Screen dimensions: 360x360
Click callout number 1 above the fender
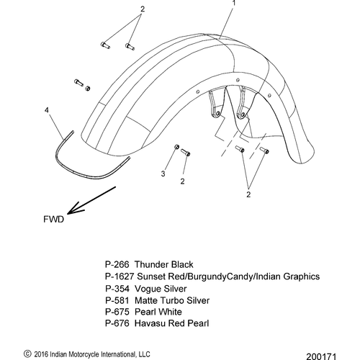(234, 3)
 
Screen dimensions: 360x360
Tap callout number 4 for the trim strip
(47, 110)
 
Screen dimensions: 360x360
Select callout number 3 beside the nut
(163, 174)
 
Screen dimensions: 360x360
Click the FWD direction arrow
(91, 200)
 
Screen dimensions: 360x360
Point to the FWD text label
(54, 220)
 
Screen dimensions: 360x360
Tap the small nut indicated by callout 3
(176, 147)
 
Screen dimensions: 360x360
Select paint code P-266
(117, 264)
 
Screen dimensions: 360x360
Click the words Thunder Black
(163, 264)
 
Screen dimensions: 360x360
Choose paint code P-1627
(120, 276)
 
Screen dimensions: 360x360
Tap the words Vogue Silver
(161, 289)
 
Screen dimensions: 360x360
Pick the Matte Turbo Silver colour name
(172, 300)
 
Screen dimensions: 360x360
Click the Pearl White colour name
(158, 312)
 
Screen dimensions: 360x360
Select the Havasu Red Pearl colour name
(171, 323)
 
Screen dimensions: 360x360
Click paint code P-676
(117, 323)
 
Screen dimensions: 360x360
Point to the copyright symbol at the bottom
(27, 354)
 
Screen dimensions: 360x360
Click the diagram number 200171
(321, 356)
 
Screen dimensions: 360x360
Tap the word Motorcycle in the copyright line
(84, 354)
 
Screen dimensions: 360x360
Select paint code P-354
(117, 289)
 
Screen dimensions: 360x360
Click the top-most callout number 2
(143, 9)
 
